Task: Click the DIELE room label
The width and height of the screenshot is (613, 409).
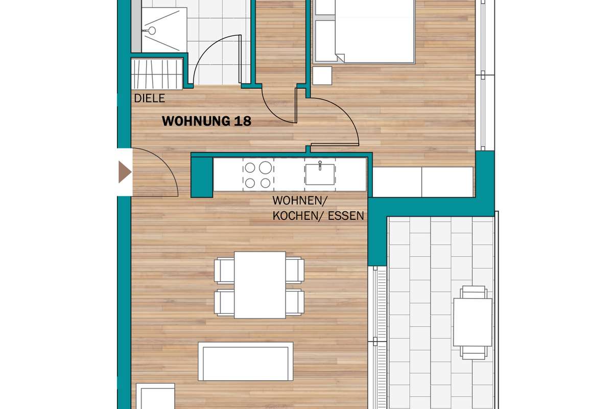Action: click(149, 98)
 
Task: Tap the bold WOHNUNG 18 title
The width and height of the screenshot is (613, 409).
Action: click(206, 121)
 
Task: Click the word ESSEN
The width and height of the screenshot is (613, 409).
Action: click(346, 216)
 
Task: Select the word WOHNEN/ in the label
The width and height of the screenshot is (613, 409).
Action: click(300, 200)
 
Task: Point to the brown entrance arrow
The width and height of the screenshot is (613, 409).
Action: click(125, 172)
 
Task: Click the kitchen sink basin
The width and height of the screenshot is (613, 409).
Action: click(320, 174)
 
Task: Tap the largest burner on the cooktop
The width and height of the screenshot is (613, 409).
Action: click(266, 167)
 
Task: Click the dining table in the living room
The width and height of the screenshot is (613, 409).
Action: click(260, 285)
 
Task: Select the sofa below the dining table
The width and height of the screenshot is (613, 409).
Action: click(246, 361)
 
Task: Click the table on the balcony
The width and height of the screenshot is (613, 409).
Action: click(473, 322)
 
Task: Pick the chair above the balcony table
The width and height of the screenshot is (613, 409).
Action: click(473, 292)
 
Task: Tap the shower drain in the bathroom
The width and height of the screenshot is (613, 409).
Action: click(152, 31)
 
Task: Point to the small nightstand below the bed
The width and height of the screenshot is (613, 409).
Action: click(322, 76)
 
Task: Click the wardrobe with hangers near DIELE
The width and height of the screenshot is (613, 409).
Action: click(157, 74)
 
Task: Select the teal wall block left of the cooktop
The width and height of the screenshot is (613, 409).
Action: click(202, 177)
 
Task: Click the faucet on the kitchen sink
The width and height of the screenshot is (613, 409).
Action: click(320, 166)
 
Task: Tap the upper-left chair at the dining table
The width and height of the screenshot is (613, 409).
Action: click(224, 270)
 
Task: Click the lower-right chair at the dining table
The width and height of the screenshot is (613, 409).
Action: click(295, 303)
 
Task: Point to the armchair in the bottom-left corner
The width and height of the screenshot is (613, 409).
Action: click(155, 396)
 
